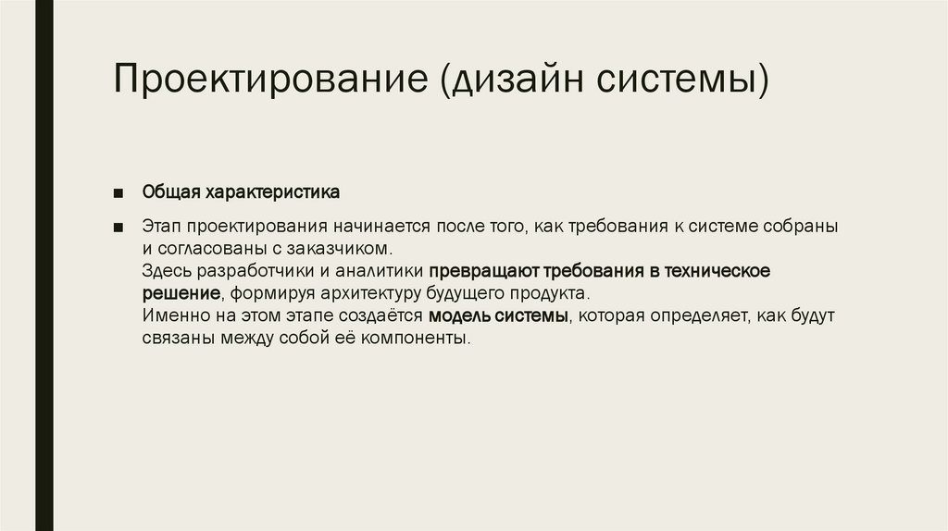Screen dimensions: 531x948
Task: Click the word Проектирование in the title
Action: [x=269, y=79]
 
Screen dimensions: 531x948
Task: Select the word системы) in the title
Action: [x=680, y=79]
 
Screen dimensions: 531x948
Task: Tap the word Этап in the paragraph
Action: [x=161, y=228]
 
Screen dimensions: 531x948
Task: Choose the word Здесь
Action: [x=166, y=272]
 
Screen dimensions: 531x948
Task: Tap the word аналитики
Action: [x=382, y=272]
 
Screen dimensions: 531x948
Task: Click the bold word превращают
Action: [x=478, y=272]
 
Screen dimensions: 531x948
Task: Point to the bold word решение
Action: [x=181, y=294]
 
